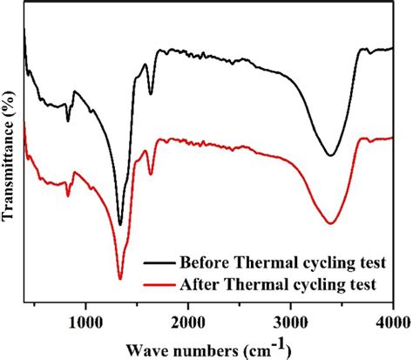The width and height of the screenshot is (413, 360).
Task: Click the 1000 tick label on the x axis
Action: pos(85,323)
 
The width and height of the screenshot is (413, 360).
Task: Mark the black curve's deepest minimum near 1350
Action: pos(120,224)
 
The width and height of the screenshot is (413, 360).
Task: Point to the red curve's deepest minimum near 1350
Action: pos(120,278)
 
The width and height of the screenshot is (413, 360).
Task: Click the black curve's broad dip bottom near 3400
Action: pos(330,155)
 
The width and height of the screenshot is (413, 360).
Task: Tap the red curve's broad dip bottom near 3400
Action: pos(330,223)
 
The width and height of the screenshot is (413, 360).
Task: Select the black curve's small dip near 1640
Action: pos(151,94)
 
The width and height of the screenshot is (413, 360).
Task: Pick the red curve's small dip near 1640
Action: pos(151,174)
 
